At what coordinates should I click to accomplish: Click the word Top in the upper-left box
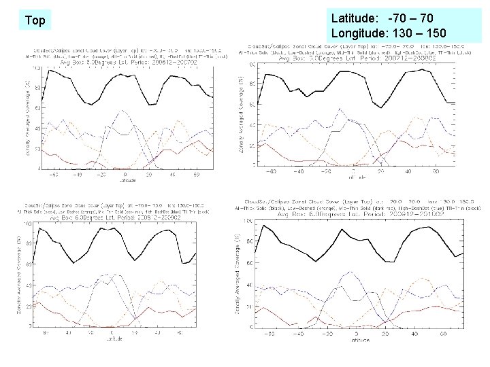35,20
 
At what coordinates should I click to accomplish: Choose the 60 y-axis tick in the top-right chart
251,104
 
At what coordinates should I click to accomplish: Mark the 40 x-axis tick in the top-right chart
408,171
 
